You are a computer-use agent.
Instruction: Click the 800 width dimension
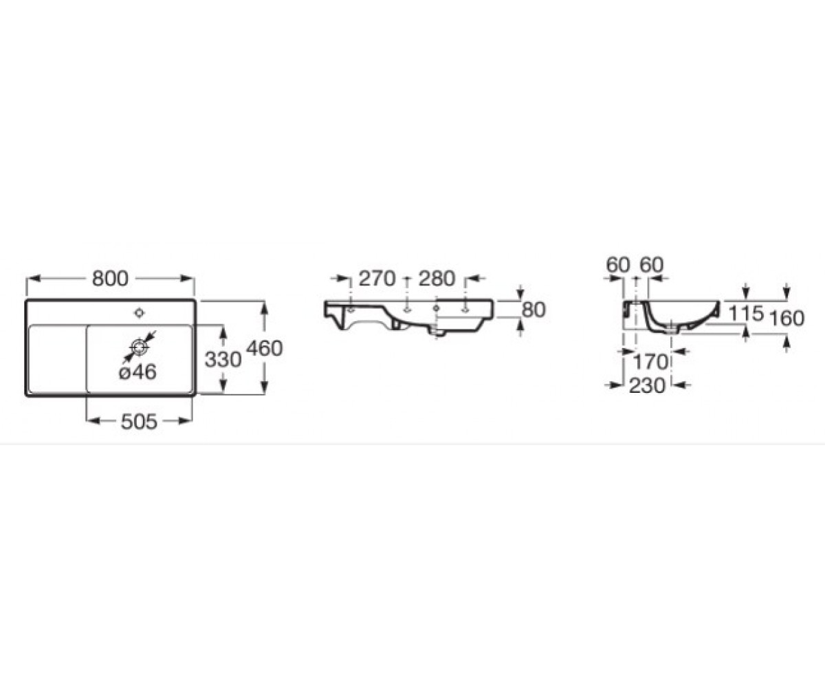point(110,279)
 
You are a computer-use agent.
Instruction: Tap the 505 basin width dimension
point(139,422)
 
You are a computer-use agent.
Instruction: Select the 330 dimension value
point(223,359)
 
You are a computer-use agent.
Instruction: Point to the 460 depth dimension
point(264,348)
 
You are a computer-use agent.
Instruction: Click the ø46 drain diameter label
point(138,372)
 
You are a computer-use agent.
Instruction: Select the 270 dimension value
point(377,279)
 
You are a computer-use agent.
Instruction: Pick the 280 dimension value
point(437,279)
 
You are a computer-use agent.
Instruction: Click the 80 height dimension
point(533,310)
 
